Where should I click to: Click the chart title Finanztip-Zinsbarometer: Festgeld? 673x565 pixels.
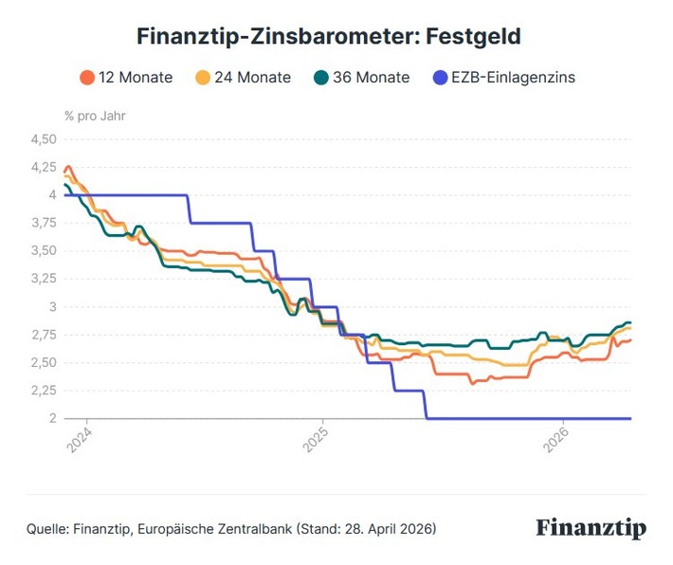329,37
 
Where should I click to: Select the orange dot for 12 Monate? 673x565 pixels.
87,78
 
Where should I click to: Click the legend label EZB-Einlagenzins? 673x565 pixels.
513,78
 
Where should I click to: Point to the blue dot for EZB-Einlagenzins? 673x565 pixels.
440,78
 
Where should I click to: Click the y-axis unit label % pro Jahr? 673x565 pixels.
95,117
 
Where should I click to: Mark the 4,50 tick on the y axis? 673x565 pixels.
44,139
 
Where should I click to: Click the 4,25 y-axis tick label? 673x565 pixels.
44,167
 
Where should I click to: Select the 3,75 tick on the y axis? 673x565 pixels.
44,223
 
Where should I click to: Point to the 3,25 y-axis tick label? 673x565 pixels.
44,279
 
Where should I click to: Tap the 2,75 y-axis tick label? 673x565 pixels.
44,335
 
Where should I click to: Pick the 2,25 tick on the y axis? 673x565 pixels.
44,391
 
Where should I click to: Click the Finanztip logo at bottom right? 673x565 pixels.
591,528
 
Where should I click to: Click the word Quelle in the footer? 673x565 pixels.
46,528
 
